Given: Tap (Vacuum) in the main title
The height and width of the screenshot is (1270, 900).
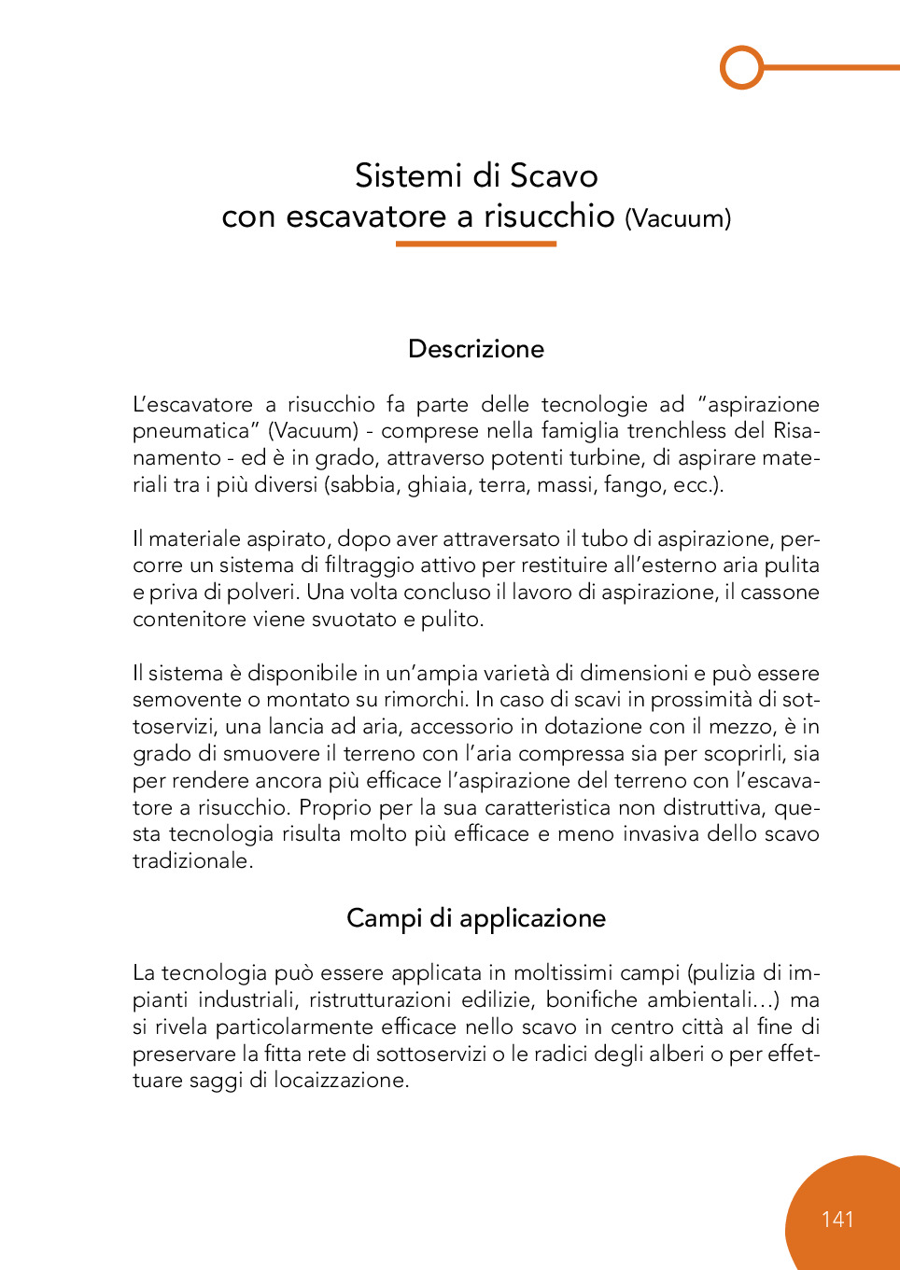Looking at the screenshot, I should (x=678, y=218).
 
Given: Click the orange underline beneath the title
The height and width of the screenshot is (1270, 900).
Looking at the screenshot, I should (x=475, y=244).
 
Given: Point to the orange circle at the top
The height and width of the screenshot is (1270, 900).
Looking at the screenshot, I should (x=742, y=67).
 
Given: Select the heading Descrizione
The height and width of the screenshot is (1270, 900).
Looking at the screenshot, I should (x=476, y=349).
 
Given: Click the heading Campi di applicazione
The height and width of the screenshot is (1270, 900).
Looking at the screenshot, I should (x=476, y=918).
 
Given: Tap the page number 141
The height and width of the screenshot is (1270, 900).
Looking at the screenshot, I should (x=837, y=1219).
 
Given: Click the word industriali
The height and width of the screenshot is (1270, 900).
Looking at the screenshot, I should (x=246, y=1000).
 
